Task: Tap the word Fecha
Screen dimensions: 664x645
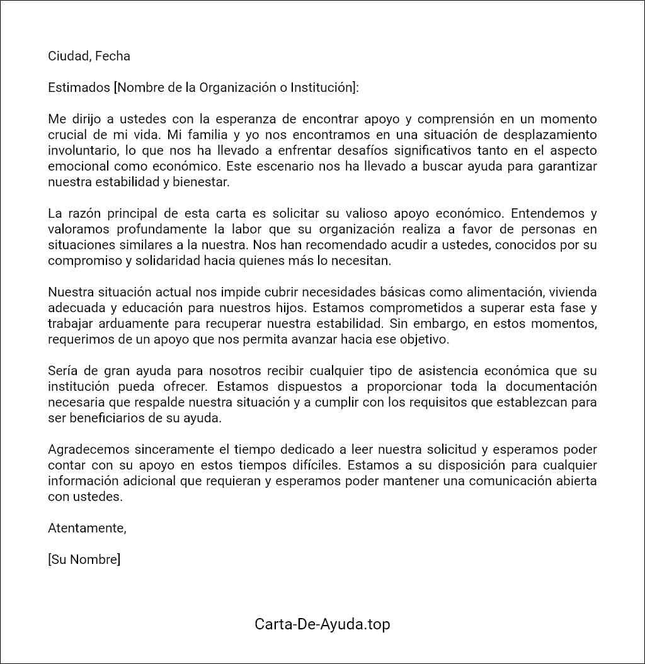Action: coord(113,56)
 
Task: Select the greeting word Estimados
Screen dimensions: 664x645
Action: coord(79,87)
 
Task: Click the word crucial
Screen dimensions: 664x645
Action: coord(69,135)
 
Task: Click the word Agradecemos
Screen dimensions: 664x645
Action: coord(89,449)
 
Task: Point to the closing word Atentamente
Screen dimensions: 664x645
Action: coord(87,528)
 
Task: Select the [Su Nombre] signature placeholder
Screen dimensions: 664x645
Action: coord(84,560)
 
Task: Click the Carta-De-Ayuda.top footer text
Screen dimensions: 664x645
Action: coord(322,624)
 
